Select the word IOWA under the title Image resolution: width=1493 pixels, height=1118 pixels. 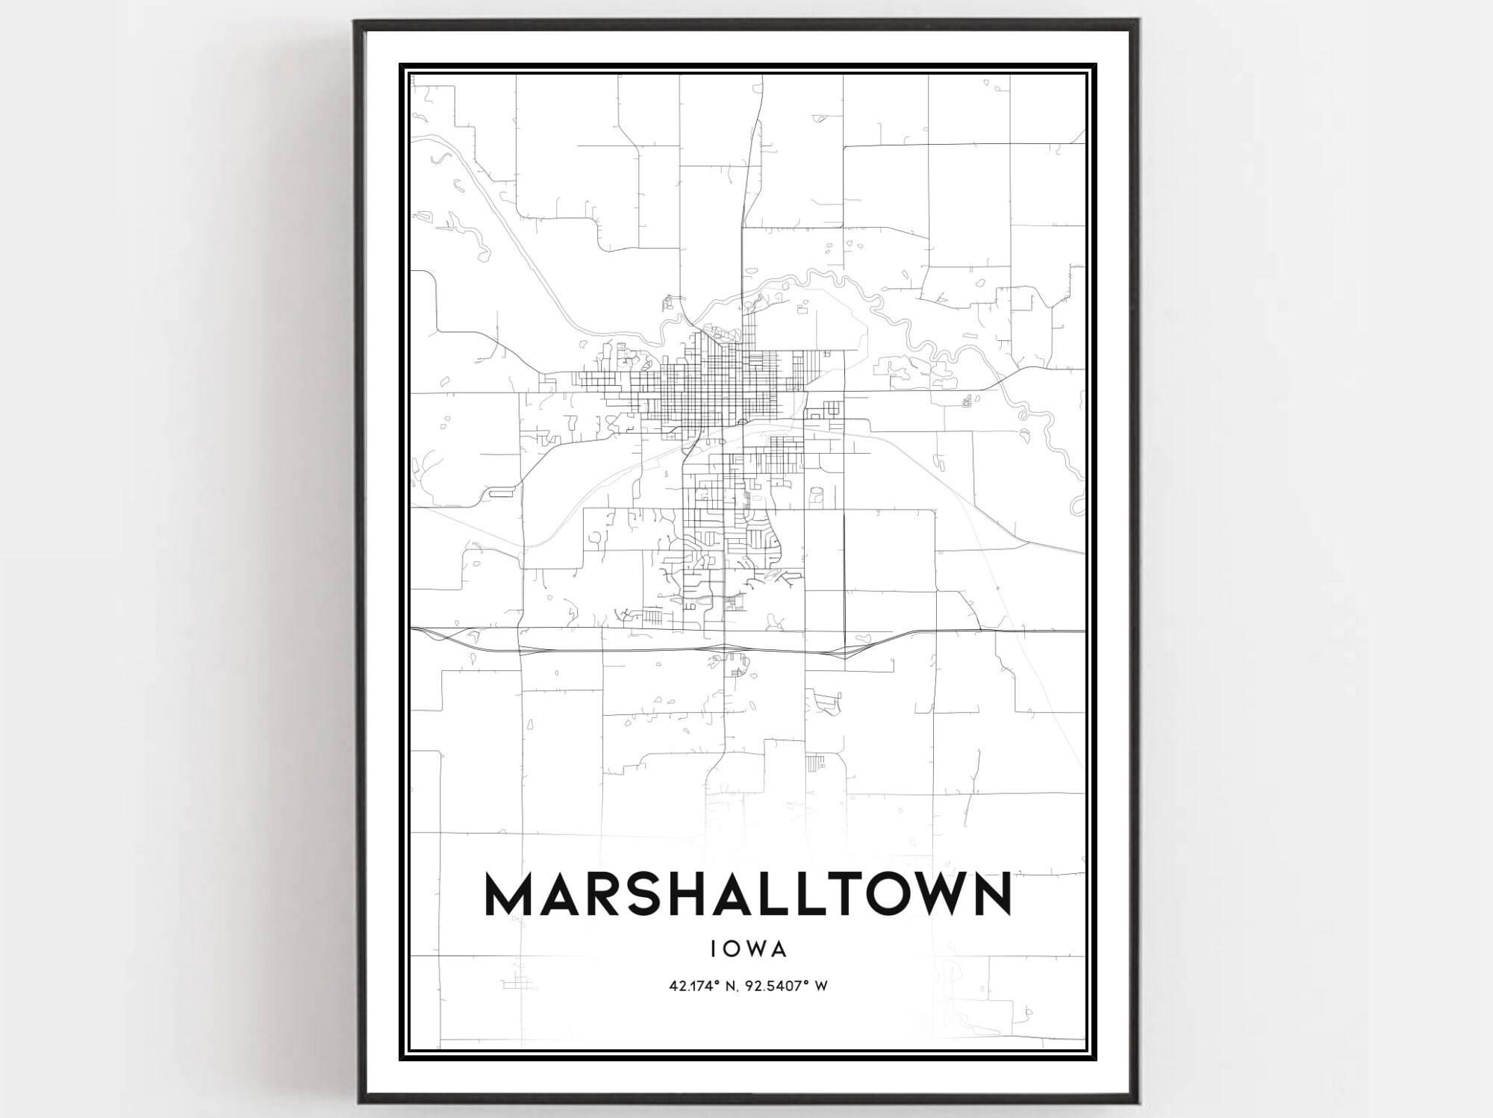(x=748, y=949)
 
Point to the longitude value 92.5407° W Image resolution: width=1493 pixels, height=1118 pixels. (x=785, y=986)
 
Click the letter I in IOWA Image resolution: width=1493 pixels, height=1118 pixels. (x=714, y=949)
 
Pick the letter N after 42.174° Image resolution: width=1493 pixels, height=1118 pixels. (x=732, y=986)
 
